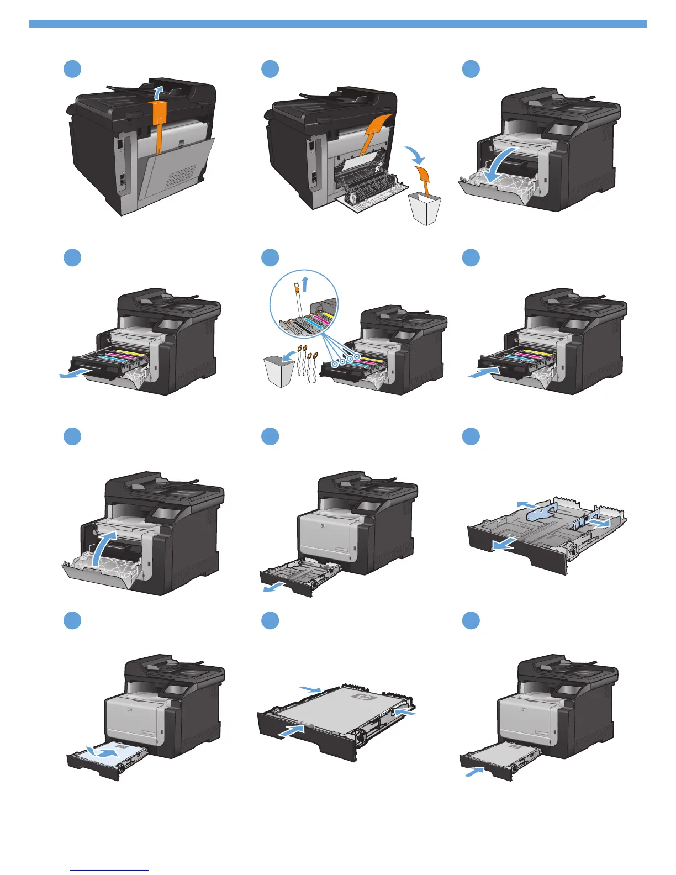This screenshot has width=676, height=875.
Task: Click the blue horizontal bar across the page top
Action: pyautogui.click(x=337, y=24)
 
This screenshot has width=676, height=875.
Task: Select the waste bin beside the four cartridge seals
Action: pyautogui.click(x=278, y=371)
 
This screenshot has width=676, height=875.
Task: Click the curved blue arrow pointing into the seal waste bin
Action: pyautogui.click(x=286, y=359)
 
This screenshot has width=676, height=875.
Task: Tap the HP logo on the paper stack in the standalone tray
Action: pyautogui.click(x=363, y=698)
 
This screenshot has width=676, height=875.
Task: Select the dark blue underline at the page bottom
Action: pyautogui.click(x=110, y=871)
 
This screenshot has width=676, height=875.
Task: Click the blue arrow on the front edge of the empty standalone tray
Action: pyautogui.click(x=504, y=544)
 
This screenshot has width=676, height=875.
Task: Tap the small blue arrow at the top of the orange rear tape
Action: pyautogui.click(x=159, y=91)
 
